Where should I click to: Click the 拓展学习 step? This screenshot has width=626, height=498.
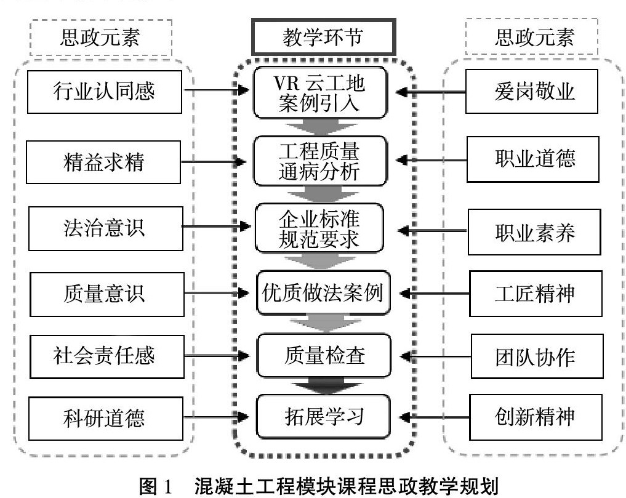coord(324,417)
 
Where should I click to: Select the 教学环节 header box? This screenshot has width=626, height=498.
coord(322,38)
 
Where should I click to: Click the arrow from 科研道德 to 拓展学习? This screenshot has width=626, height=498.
coord(219,417)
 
